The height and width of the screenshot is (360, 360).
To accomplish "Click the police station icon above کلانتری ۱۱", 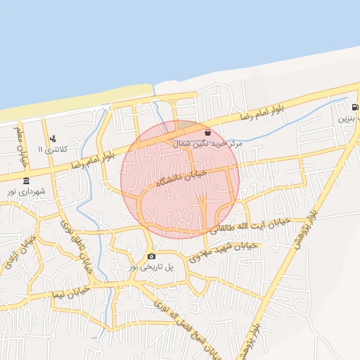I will pos(53,139).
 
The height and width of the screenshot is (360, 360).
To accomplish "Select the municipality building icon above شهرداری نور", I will pos(26,181).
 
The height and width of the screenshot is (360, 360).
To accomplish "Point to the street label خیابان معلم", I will pos(20,143).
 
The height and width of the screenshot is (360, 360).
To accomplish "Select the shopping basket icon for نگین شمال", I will pos(207,132).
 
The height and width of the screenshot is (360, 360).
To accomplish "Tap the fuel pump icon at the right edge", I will pos(354,108).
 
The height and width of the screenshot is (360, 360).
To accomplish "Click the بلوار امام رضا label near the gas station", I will pos(262,113).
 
